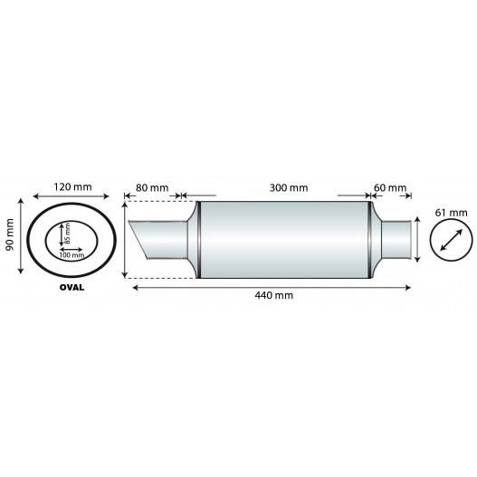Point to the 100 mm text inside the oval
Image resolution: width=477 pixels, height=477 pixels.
72,255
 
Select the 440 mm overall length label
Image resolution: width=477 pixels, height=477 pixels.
272,296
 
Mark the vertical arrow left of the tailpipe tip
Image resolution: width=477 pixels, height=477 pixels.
125,242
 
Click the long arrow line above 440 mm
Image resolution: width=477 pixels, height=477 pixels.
272,287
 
